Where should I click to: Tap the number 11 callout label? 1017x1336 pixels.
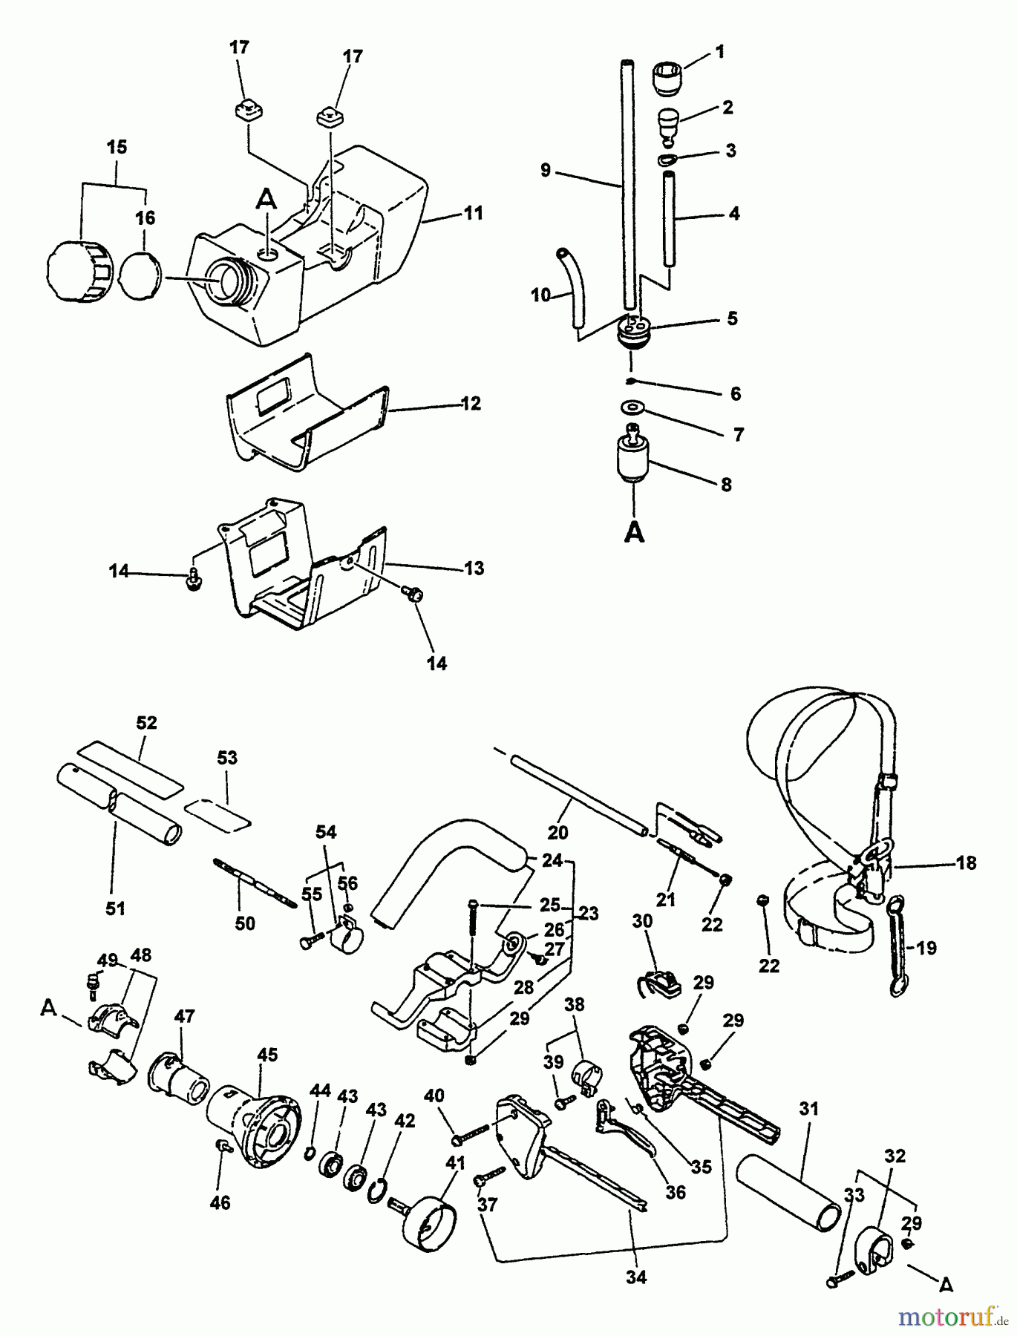473,213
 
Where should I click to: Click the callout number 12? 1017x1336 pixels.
471,404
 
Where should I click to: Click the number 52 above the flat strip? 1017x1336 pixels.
147,722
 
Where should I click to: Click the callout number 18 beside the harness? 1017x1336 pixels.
966,863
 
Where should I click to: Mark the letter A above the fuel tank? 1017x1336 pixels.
266,199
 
